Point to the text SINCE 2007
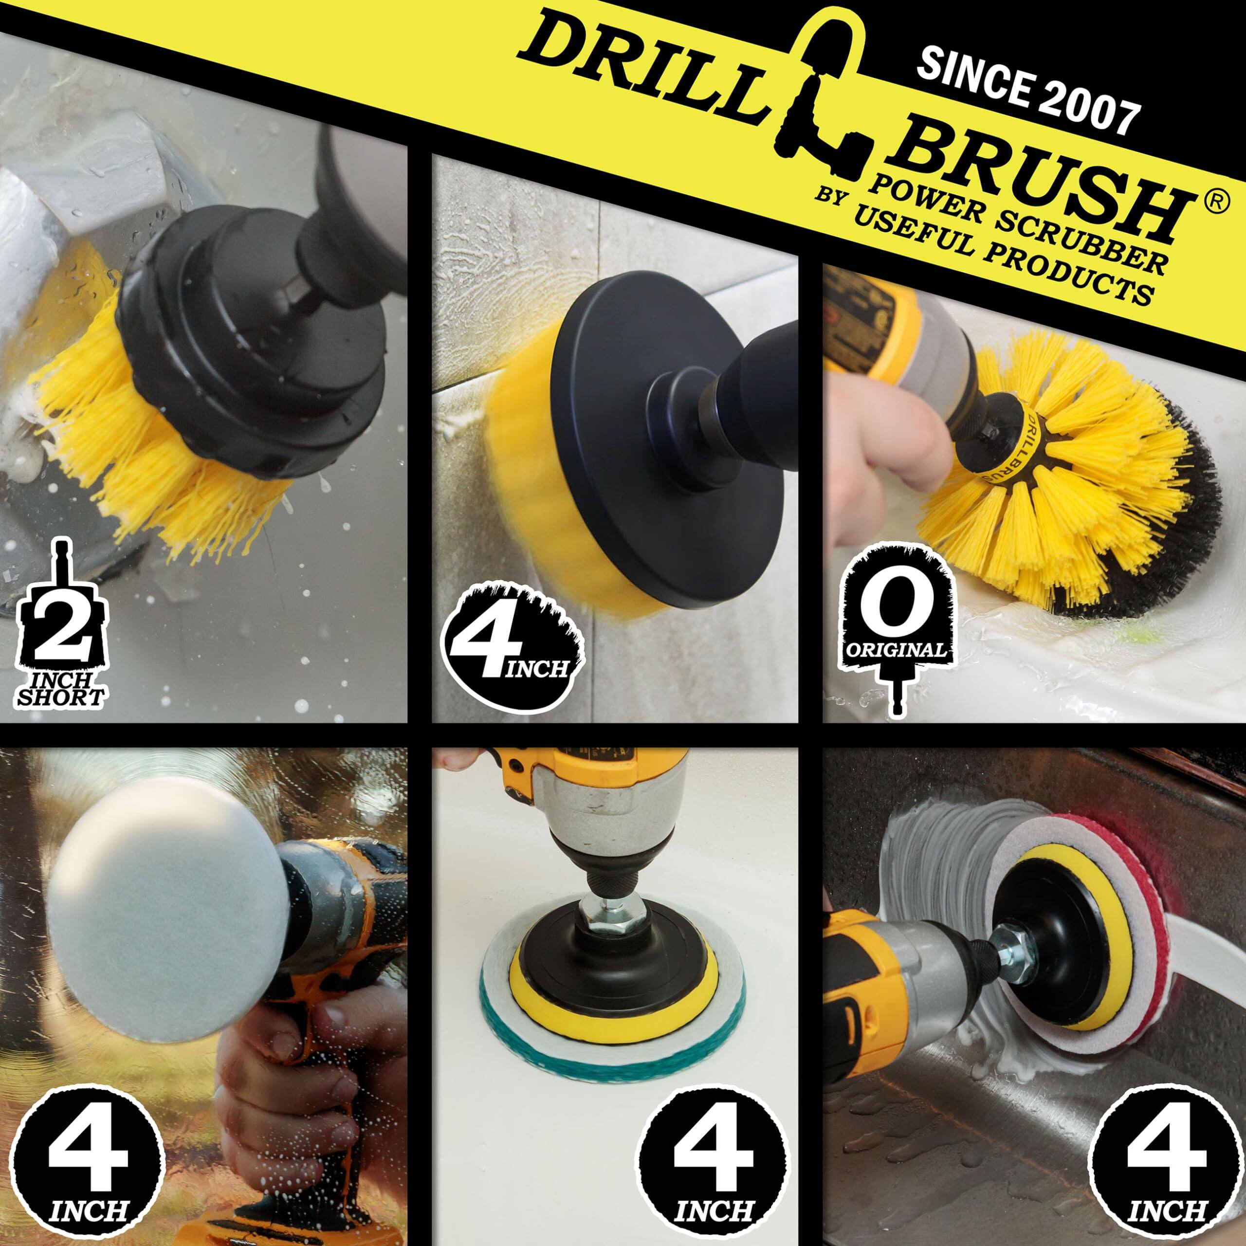point(1026,93)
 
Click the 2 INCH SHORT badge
point(61,629)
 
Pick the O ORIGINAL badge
point(897,619)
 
